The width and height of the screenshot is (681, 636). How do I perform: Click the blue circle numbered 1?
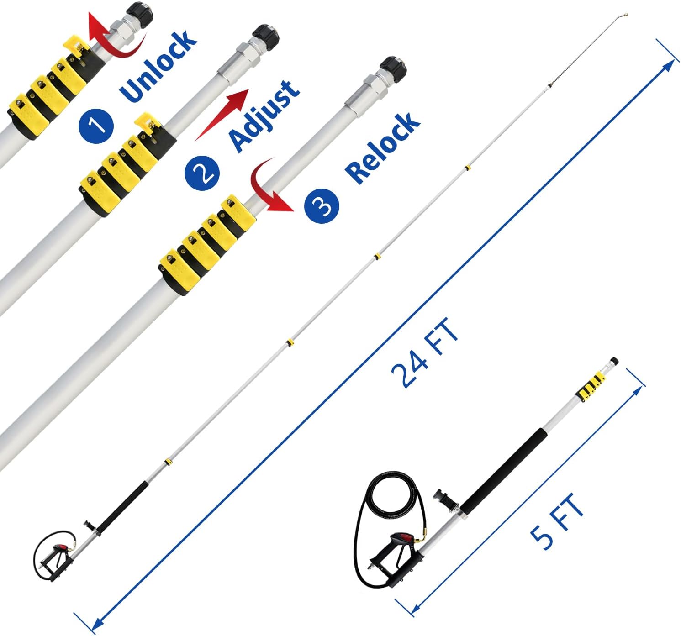96,124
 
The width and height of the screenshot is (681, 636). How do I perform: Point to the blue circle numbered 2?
202,172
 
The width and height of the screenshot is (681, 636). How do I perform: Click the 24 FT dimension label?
425,352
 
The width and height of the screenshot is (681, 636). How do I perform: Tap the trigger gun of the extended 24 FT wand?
57,561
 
